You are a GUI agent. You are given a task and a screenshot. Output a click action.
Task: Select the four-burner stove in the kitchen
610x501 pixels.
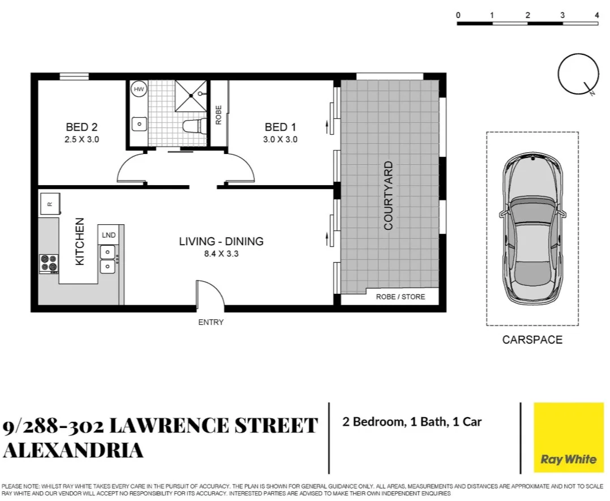tap(49, 263)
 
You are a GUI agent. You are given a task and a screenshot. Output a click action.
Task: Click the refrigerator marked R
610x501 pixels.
tap(50, 204)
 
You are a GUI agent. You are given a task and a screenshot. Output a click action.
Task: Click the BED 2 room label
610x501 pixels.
tap(82, 127)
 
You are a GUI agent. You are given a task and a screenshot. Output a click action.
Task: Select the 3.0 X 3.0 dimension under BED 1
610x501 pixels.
tap(280, 139)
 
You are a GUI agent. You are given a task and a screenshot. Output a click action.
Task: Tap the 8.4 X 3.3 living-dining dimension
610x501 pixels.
tap(221, 254)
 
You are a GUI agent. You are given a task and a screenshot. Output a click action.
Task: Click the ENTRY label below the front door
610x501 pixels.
tap(211, 322)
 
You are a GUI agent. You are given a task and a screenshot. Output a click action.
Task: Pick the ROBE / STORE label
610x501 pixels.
tap(401, 297)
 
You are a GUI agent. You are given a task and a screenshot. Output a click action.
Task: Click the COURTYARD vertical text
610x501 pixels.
tap(389, 195)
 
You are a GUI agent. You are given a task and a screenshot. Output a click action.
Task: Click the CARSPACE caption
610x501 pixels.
tap(532, 340)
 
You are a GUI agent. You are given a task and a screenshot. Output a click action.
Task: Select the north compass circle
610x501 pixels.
tap(578, 74)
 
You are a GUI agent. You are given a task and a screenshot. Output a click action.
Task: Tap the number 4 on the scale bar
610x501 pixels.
tap(596, 15)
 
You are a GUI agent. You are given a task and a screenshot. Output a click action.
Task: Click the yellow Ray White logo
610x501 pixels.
tap(569, 438)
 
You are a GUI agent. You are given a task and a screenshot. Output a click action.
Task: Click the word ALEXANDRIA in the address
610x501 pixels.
tap(73, 451)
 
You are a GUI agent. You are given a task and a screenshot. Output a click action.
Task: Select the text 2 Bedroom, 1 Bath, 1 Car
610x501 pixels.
tap(412, 422)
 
